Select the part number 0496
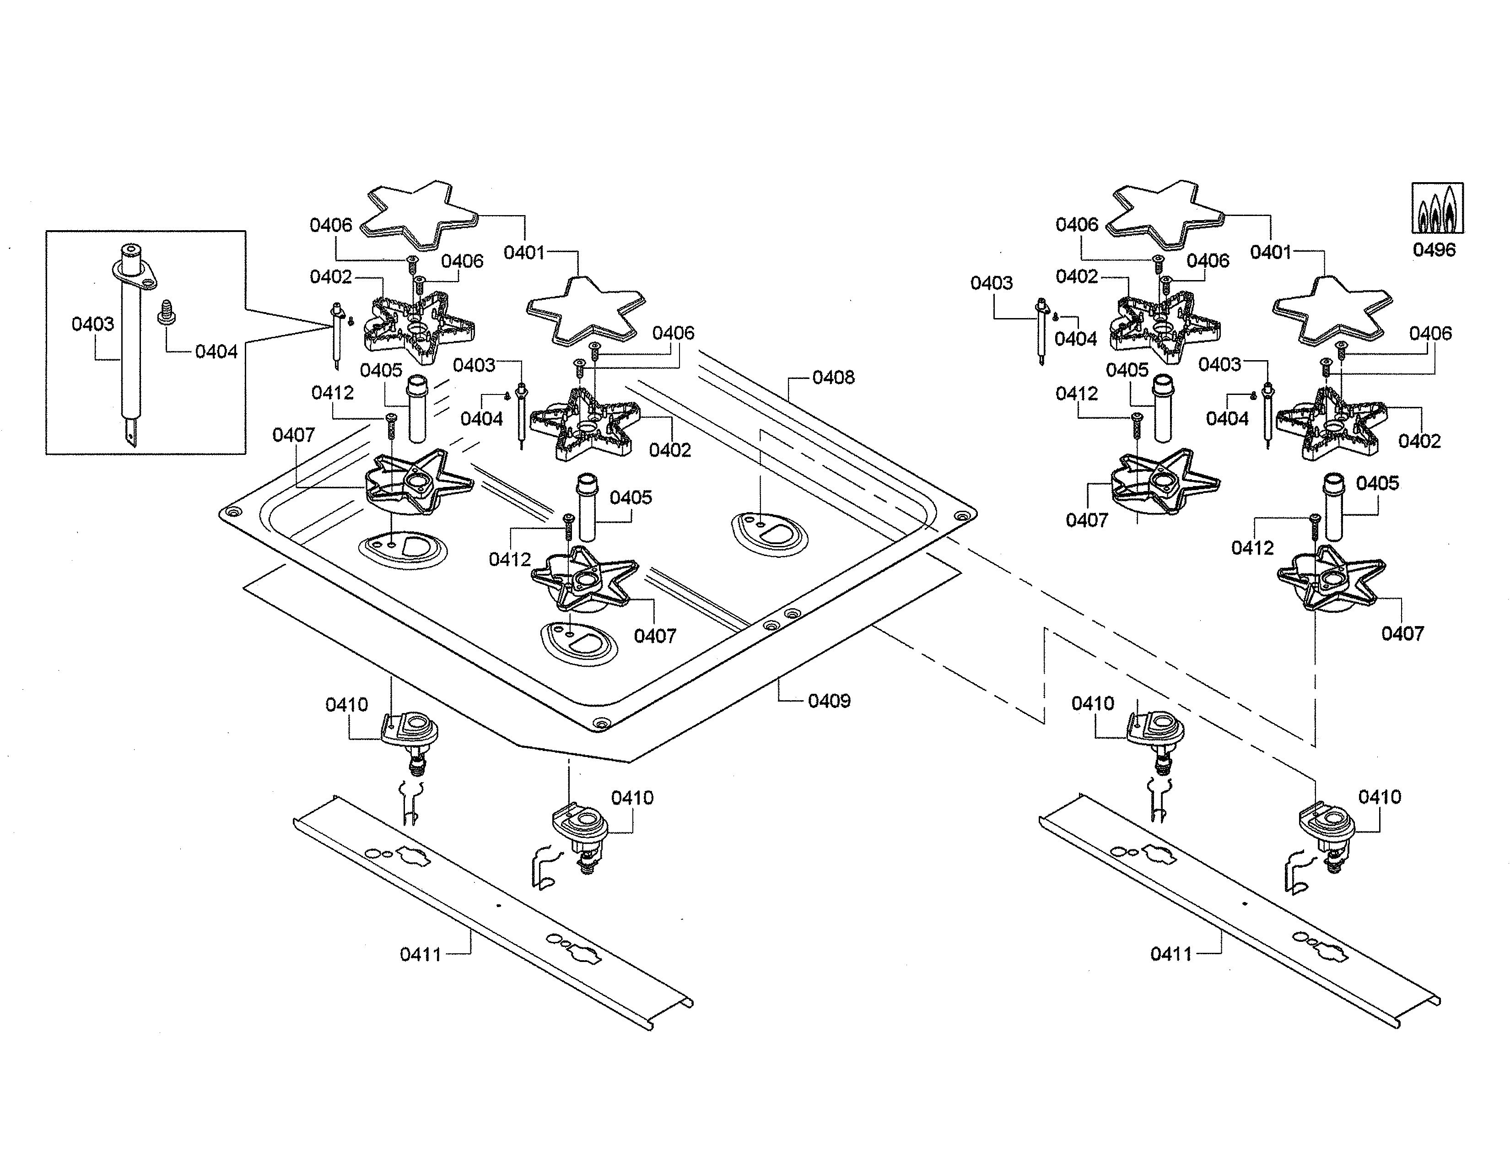[x=1434, y=249]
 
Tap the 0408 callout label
[x=833, y=378]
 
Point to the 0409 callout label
[x=829, y=701]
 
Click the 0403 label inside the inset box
[x=92, y=324]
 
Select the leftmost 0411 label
[x=421, y=955]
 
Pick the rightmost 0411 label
[x=1171, y=954]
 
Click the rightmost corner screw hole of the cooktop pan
[x=962, y=516]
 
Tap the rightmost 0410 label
[x=1379, y=797]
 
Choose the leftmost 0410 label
[x=346, y=705]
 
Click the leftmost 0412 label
[x=333, y=393]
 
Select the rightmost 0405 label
[x=1377, y=483]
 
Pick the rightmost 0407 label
[x=1402, y=634]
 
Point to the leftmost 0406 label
[x=330, y=225]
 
